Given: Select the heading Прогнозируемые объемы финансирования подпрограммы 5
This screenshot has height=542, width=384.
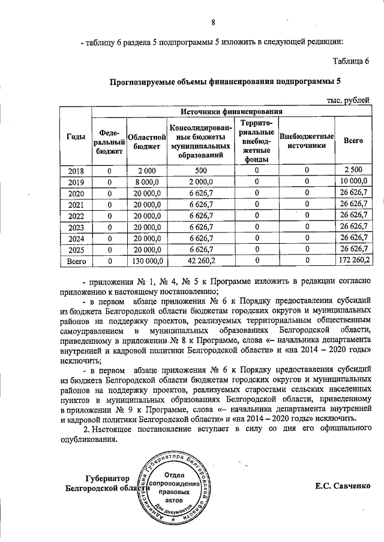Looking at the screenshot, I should coord(224,82).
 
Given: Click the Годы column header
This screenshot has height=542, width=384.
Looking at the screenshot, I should coord(75,137).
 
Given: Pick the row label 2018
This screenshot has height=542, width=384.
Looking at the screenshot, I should coord(76,171).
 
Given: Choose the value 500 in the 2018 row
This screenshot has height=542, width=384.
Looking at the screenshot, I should coord(200,171).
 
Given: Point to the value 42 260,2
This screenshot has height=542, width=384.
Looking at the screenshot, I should coord(200,261).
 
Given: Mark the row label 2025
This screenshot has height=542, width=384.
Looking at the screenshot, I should coord(76,250).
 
